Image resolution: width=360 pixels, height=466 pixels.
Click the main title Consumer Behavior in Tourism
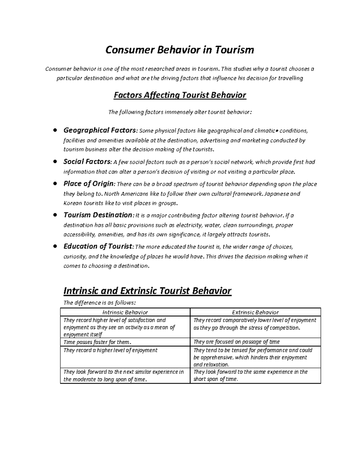coord(179,50)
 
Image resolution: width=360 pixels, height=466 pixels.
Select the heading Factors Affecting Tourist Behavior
coord(179,95)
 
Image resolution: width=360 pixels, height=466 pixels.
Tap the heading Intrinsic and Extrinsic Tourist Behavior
coord(147,291)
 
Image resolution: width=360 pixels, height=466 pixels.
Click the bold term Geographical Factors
coord(100,130)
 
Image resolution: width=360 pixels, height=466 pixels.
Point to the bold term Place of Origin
coord(89,184)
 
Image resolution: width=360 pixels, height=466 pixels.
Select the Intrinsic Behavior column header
coord(125,312)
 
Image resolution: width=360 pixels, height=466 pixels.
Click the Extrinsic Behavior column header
coord(255,312)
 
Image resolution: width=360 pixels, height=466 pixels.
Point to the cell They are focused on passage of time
coord(236,342)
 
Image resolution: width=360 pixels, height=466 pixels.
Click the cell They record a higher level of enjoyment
coord(110,350)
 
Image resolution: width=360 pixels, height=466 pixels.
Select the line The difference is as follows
coord(97,303)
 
